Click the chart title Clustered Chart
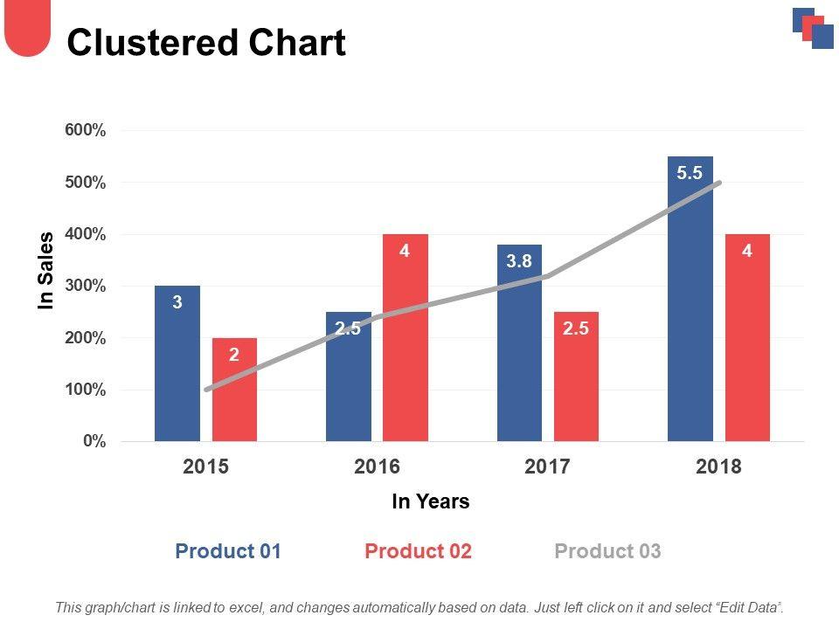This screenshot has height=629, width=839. click(206, 43)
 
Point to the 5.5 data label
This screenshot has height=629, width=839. click(690, 173)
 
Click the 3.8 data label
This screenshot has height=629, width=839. click(519, 260)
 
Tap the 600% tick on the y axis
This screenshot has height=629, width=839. click(86, 130)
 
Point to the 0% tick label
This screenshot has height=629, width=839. click(94, 441)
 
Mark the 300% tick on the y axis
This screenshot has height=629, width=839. click(86, 286)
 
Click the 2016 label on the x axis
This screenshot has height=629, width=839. click(377, 467)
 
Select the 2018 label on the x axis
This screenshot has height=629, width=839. click(718, 467)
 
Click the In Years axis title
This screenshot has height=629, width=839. click(431, 501)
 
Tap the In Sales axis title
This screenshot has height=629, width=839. click(46, 270)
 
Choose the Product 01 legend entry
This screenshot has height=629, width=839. click(228, 551)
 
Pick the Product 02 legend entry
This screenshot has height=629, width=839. click(418, 551)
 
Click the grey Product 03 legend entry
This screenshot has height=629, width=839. click(607, 551)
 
